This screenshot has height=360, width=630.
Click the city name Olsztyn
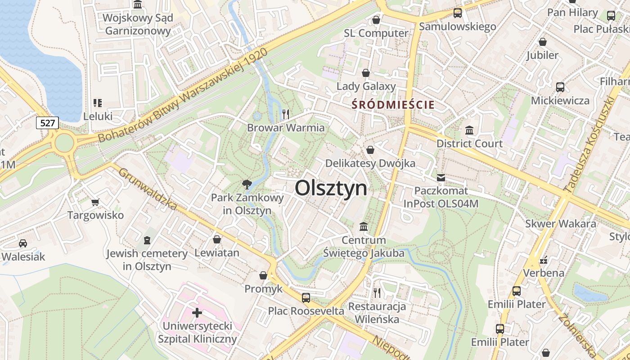coord(331,188)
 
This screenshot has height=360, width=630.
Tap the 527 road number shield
coord(47,123)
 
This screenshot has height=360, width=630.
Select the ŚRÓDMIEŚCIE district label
coord(393,105)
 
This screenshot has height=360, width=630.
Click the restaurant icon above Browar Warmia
coord(286,114)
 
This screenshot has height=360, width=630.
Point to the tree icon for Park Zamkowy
coord(246,184)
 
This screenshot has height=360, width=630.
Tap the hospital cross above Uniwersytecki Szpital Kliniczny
coord(197,312)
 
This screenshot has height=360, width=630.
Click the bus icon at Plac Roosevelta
coord(306,297)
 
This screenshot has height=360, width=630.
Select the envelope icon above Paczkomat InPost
coord(441,178)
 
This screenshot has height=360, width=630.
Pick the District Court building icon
coord(469,130)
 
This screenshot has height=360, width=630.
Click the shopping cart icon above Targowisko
coord(95,202)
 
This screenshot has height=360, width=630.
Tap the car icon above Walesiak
coord(22,243)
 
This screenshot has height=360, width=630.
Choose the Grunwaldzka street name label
coord(148,189)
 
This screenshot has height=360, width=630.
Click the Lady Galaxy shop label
coord(366,86)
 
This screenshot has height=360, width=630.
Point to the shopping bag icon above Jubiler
coord(542,42)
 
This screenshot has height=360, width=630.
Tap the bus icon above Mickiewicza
coord(560,87)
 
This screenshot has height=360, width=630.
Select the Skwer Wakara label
coord(561,224)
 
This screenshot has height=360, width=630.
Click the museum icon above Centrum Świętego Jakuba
coord(364,226)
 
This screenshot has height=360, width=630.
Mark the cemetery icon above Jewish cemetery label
coord(147,240)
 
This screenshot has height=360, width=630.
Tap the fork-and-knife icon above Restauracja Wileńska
coord(377,293)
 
